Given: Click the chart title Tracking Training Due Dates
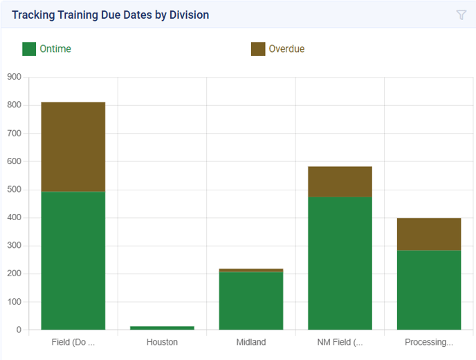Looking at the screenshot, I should tap(110, 15).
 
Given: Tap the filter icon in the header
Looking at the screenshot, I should tap(461, 15).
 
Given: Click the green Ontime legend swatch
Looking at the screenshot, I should tap(29, 49).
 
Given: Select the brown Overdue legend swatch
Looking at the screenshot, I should tap(258, 49).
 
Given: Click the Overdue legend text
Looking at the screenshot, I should tap(286, 49).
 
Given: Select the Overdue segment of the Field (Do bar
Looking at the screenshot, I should tap(73, 147).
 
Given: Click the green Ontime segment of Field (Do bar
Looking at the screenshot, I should tap(73, 260).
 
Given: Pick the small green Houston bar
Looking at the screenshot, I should tap(162, 327).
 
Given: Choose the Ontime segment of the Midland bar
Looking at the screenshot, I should tap(251, 300).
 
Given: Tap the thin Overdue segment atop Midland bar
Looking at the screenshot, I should tap(251, 270).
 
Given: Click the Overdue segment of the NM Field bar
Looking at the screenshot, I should tap(340, 181).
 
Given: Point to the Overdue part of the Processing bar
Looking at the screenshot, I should tap(429, 234).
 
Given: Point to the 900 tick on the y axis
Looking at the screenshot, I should tap(14, 77).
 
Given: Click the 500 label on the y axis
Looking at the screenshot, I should tap(14, 189).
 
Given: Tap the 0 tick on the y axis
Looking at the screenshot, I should tap(19, 330).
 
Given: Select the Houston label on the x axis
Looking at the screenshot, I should tap(162, 342).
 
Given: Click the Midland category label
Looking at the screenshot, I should tap(251, 342).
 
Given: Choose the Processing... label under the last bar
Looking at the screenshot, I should tap(429, 342).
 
